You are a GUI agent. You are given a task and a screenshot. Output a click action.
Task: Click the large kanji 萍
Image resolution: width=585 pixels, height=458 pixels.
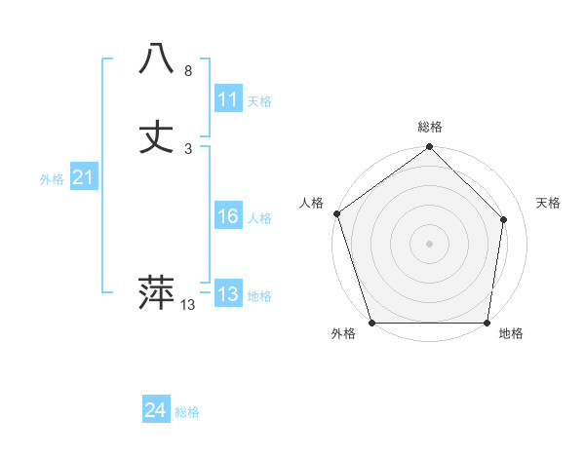point(156,291)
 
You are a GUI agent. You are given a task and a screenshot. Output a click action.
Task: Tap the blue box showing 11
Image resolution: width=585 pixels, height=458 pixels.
point(228,99)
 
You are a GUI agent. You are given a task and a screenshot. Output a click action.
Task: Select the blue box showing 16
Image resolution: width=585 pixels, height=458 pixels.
point(228,216)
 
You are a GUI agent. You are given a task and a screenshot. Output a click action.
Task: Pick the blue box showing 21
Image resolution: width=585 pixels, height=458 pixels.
point(83,177)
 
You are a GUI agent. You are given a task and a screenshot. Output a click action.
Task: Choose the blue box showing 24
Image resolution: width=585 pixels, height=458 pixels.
point(156,411)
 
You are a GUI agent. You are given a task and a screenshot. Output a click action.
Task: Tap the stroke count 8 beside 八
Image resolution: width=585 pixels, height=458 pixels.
point(188,71)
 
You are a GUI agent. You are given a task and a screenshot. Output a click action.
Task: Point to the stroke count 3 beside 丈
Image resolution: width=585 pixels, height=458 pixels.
point(188,149)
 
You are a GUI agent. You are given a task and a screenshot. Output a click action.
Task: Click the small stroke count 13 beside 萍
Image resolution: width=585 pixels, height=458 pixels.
point(188,305)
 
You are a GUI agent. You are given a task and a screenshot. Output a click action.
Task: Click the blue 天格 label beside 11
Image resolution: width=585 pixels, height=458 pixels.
point(259,100)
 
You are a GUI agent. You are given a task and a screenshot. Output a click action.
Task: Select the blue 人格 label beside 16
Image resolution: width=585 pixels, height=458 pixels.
point(259,217)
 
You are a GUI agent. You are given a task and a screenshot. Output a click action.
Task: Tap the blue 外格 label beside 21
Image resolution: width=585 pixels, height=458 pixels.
point(52,178)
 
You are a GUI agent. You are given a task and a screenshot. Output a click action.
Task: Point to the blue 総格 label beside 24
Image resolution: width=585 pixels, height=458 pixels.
point(187,412)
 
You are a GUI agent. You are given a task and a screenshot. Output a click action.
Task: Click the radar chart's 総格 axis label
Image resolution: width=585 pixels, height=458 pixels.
point(430,127)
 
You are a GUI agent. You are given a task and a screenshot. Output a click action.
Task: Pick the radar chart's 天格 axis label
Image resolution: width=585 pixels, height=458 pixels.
point(549,203)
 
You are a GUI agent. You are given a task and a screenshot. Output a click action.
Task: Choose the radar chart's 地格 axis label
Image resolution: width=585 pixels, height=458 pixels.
point(511,333)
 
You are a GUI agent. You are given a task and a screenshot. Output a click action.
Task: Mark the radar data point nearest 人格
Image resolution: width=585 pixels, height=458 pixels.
point(336,213)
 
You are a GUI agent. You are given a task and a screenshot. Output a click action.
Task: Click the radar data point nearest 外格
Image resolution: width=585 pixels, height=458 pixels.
point(371,323)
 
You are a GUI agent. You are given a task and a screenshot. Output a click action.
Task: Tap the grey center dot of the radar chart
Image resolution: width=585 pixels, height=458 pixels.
point(429,244)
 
